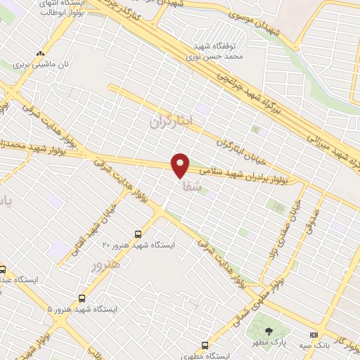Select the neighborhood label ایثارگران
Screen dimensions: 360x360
(x=170, y=121)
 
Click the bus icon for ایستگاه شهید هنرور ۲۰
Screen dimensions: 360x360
(x=138, y=233)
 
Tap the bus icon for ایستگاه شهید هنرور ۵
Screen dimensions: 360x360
(x=82, y=298)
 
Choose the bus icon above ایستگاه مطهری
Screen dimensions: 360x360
(x=205, y=345)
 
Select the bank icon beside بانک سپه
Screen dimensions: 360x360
(x=313, y=335)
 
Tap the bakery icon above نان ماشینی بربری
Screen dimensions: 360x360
(x=41, y=53)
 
